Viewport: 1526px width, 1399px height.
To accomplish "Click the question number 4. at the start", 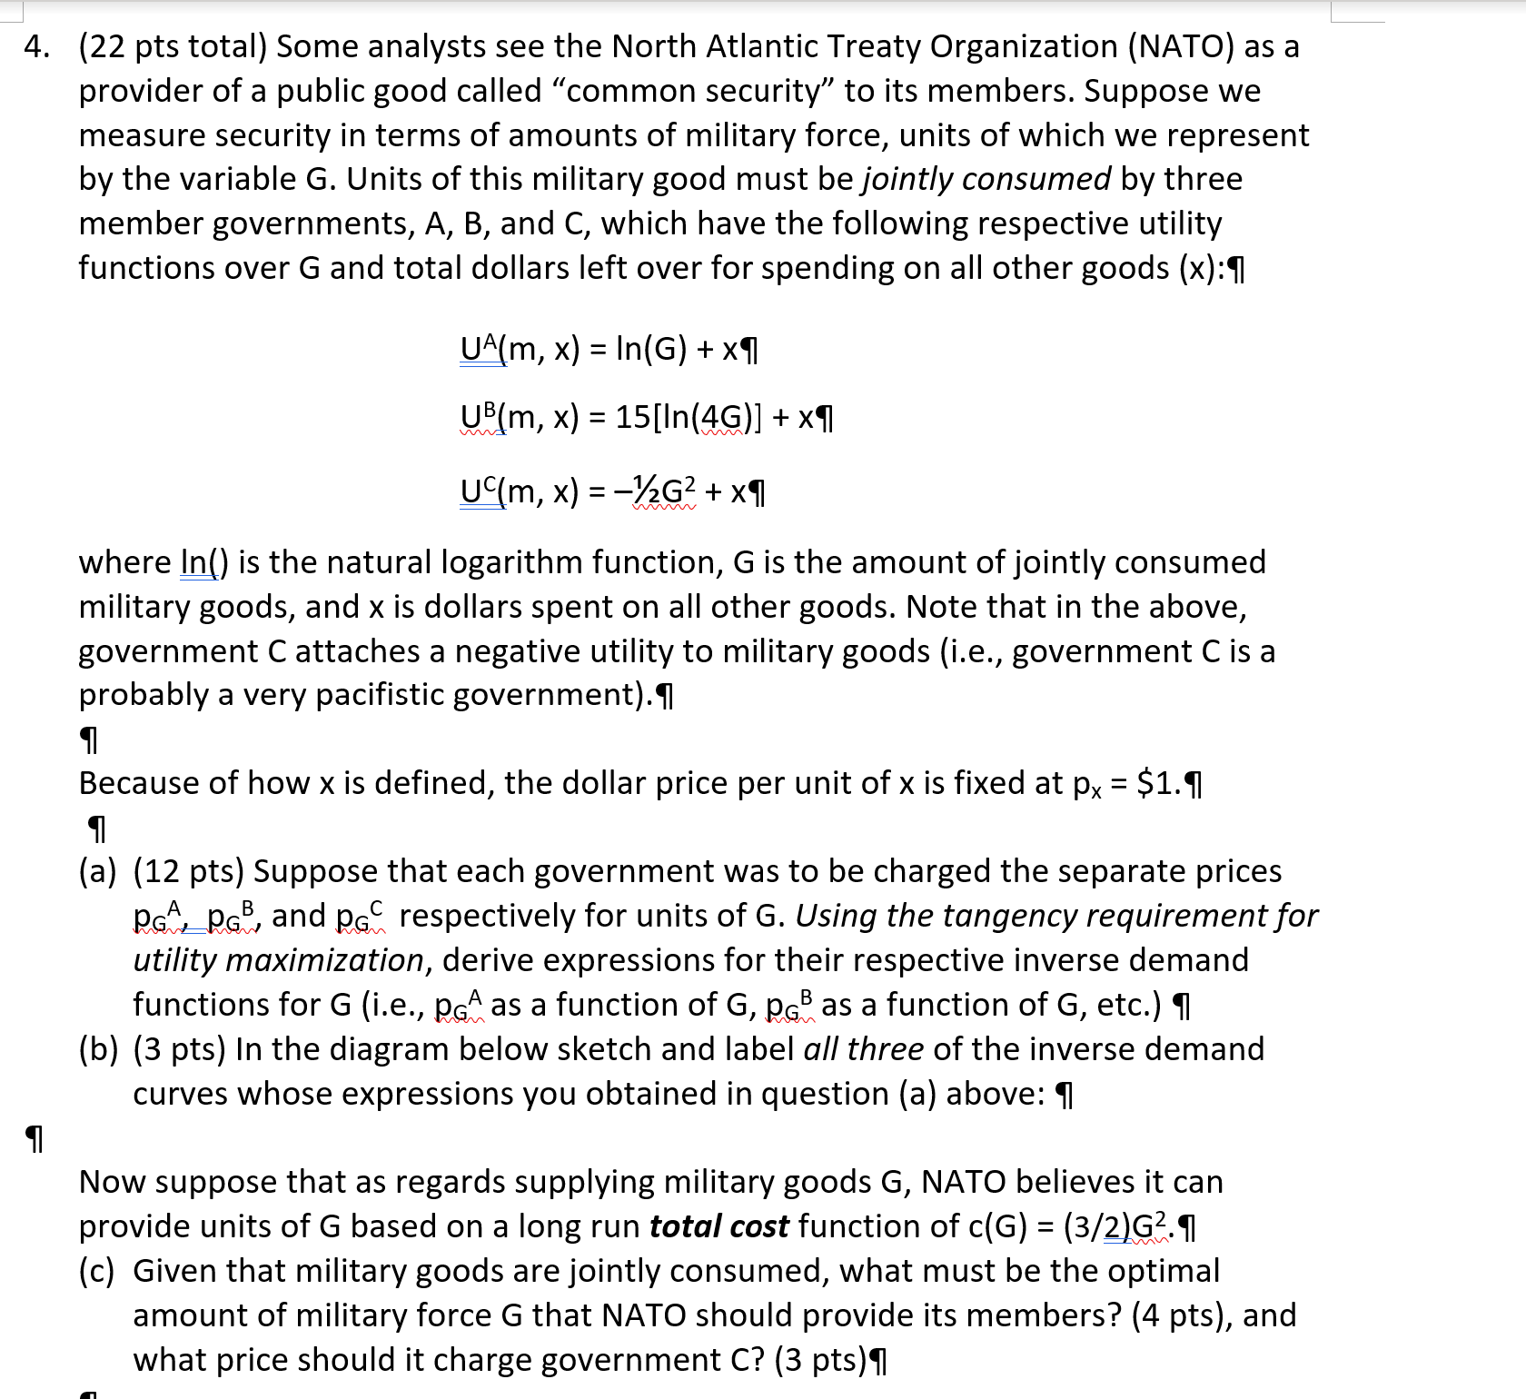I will click(x=36, y=46).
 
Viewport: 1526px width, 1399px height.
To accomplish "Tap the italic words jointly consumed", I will click(x=986, y=179).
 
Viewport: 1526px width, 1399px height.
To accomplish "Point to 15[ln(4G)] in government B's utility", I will click(x=689, y=417).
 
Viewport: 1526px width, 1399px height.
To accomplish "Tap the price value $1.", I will click(x=1159, y=783).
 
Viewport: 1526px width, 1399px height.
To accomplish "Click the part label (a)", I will click(x=98, y=871).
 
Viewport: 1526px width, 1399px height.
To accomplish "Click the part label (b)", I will click(x=98, y=1049).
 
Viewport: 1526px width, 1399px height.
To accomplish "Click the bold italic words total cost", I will click(x=718, y=1226).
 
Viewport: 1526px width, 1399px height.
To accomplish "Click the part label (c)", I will click(x=97, y=1271).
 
